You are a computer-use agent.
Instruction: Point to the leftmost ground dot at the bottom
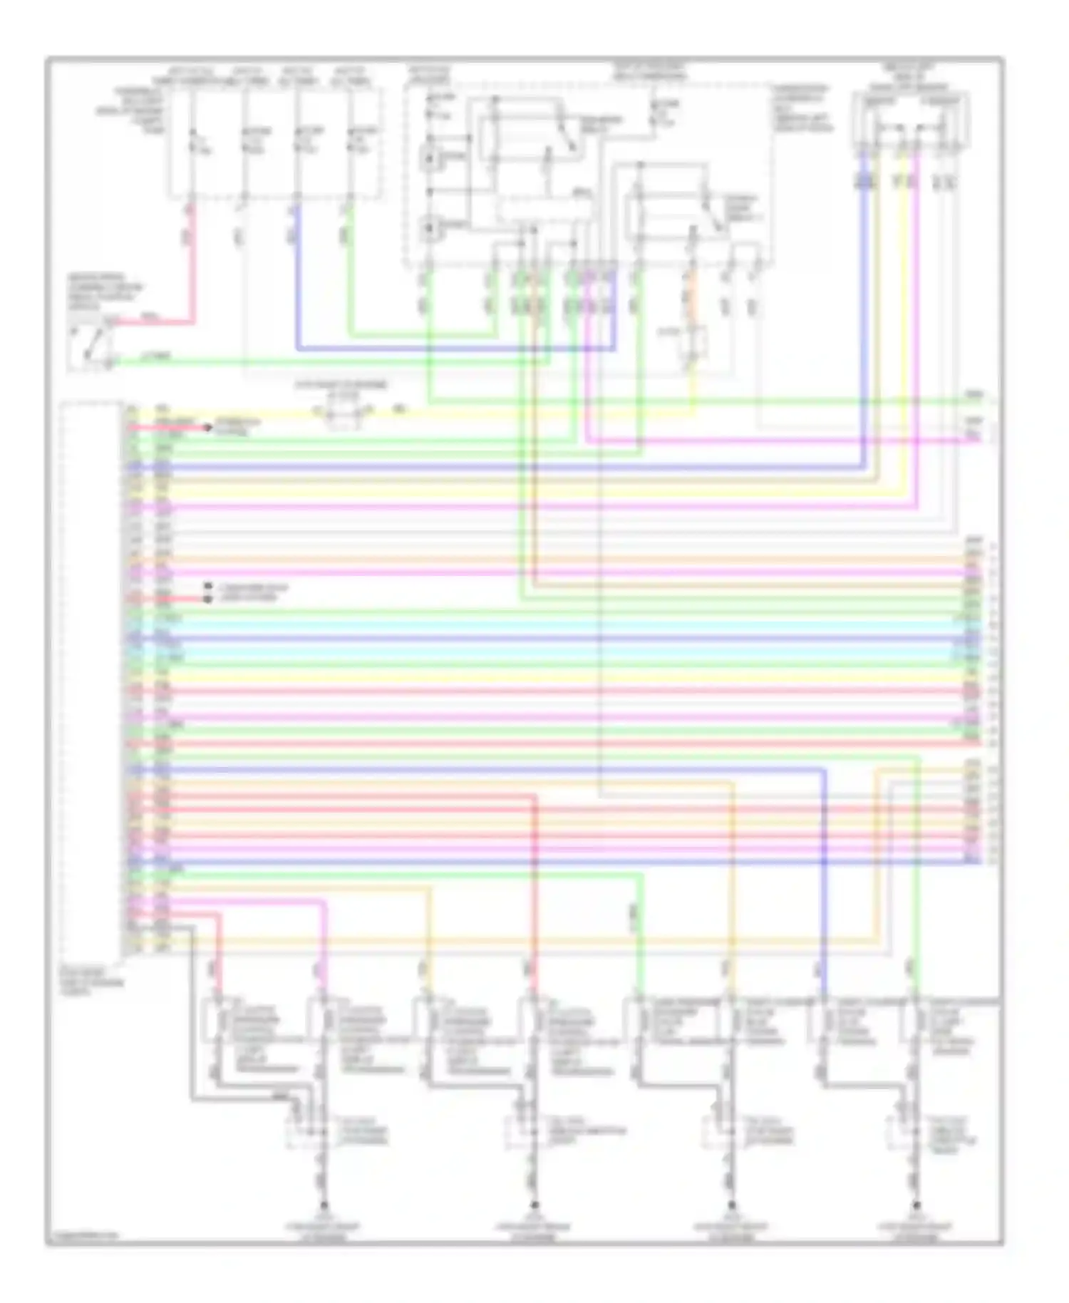click(324, 1206)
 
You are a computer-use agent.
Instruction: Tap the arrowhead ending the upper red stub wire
click(208, 428)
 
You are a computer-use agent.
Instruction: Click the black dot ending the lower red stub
click(207, 599)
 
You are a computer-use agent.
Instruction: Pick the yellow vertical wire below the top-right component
click(905, 321)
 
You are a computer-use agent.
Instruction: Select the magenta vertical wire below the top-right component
click(916, 321)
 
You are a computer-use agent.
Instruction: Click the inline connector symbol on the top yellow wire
click(341, 412)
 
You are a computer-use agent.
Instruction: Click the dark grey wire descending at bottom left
click(191, 1012)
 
